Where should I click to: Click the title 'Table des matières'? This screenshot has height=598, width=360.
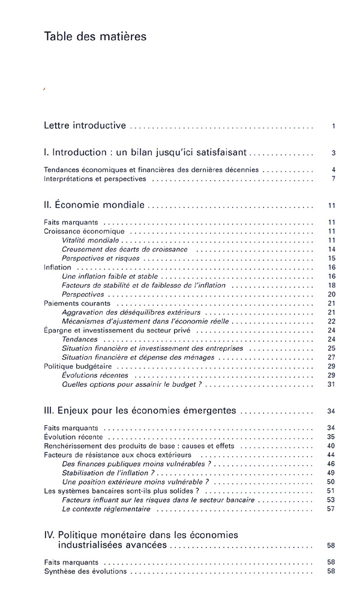(95, 37)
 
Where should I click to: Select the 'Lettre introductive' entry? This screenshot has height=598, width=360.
(85, 126)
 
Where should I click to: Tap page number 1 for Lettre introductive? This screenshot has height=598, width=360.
(332, 127)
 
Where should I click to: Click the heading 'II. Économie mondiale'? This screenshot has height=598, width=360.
(94, 205)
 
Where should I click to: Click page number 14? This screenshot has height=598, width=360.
(331, 249)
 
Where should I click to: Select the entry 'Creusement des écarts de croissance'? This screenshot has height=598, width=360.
(124, 249)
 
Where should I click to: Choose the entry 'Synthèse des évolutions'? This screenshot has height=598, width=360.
(85, 571)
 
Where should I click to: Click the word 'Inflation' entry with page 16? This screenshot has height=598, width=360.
(58, 268)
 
